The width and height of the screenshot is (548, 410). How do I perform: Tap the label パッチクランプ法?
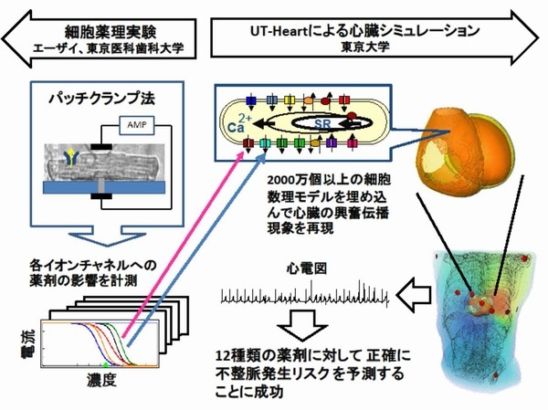(x=100, y=95)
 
